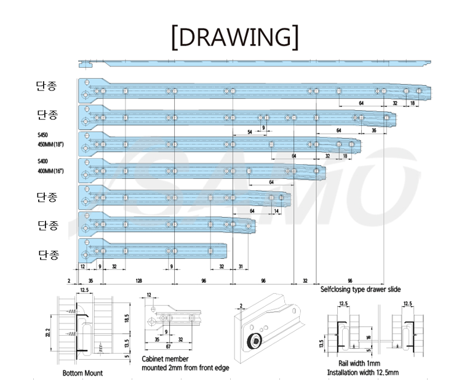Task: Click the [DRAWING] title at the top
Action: tap(236, 37)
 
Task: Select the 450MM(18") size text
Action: tap(51, 144)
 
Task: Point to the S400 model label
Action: tap(43, 161)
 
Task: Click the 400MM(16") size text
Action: tap(51, 171)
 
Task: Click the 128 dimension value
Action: tap(140, 280)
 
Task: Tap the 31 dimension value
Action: tap(241, 266)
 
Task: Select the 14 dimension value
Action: tap(277, 211)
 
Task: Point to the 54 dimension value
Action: tap(249, 132)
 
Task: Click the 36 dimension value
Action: tap(373, 131)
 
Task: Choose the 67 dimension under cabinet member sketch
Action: tap(167, 347)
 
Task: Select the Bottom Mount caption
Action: tap(82, 373)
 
